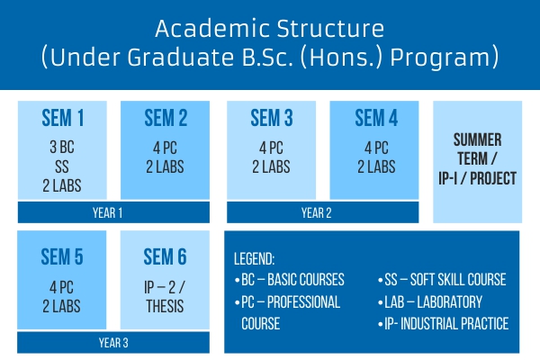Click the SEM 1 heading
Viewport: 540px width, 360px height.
[63, 118]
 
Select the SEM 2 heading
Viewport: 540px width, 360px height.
[166, 118]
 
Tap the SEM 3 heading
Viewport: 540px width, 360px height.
[272, 118]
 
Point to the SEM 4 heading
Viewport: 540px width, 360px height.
[376, 118]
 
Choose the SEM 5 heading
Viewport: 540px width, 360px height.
[62, 256]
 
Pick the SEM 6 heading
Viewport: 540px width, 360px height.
[165, 256]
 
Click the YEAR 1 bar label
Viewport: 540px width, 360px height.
[107, 213]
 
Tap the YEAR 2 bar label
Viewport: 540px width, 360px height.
[317, 213]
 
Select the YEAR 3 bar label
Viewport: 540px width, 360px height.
[113, 343]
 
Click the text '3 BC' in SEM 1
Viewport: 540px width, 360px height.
[62, 147]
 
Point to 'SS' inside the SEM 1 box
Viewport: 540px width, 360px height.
[62, 166]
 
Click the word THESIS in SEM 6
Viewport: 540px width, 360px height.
[165, 306]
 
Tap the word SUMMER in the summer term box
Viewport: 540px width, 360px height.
[477, 139]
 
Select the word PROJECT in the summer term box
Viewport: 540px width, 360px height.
[493, 178]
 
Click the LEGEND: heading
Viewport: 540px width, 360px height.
[254, 259]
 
